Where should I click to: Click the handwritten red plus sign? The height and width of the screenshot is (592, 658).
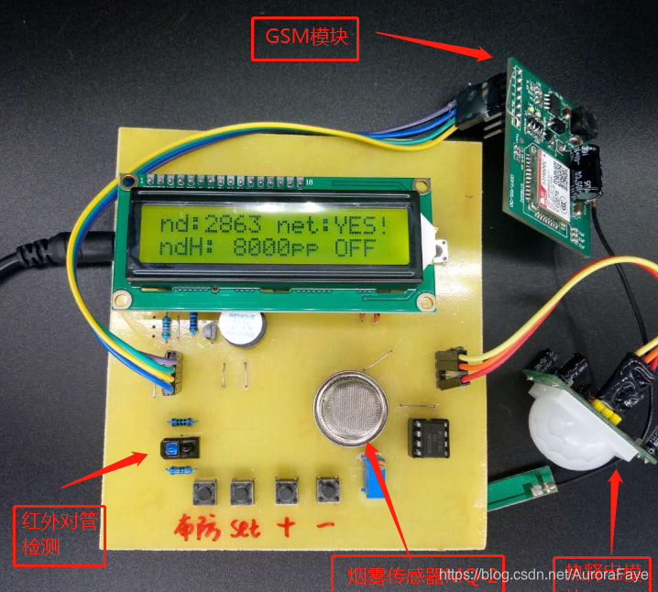tap(288, 527)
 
